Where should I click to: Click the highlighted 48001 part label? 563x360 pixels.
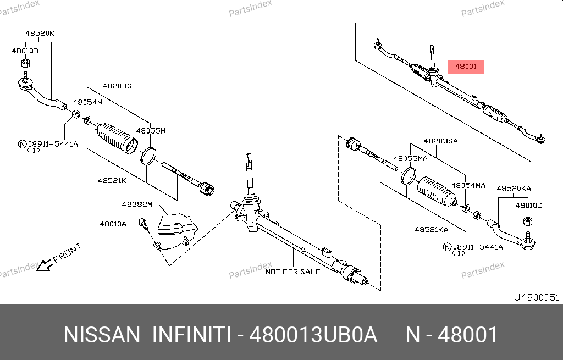point(466,67)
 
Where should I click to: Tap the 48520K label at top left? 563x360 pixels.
point(40,34)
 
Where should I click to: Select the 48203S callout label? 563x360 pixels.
point(117,86)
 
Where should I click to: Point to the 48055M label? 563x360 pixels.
point(151,131)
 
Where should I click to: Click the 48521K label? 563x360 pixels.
point(112,180)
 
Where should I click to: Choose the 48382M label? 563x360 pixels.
point(137,204)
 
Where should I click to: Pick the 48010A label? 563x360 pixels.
point(113,224)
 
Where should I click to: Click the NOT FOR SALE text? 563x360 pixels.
point(292,272)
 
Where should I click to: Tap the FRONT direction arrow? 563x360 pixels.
point(45,265)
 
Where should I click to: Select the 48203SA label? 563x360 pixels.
point(440,141)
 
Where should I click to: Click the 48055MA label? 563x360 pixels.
point(410,159)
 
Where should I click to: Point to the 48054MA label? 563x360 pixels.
point(468,186)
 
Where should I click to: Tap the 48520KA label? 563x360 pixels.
point(514,189)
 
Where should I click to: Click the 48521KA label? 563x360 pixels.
point(432,229)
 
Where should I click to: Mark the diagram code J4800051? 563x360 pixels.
point(537,297)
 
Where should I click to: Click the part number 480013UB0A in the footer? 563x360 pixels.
point(313,335)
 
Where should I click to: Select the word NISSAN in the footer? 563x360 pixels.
point(102,335)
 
